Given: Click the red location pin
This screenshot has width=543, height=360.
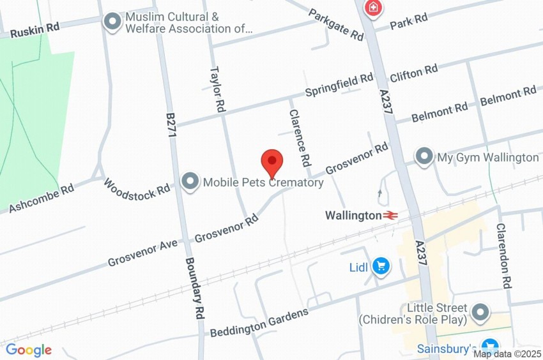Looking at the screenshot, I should point(272,161).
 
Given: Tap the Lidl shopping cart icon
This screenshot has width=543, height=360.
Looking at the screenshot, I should point(381,267).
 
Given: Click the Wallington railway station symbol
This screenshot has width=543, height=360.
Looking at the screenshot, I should point(391,216).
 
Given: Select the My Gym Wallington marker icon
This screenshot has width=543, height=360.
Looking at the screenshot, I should point(424,156).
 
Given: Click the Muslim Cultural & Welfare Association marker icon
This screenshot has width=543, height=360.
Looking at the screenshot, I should point(113,22).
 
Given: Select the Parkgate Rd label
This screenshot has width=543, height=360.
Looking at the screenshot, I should point(335,24).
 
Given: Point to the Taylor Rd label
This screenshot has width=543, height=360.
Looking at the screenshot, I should point(218,89).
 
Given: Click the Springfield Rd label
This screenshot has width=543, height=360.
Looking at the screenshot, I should point(339,86).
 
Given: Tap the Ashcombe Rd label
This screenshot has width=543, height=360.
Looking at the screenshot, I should point(42,198).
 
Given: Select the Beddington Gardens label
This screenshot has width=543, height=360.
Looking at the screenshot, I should point(260,322).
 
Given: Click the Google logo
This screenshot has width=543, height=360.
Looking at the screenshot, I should point(29,350).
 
